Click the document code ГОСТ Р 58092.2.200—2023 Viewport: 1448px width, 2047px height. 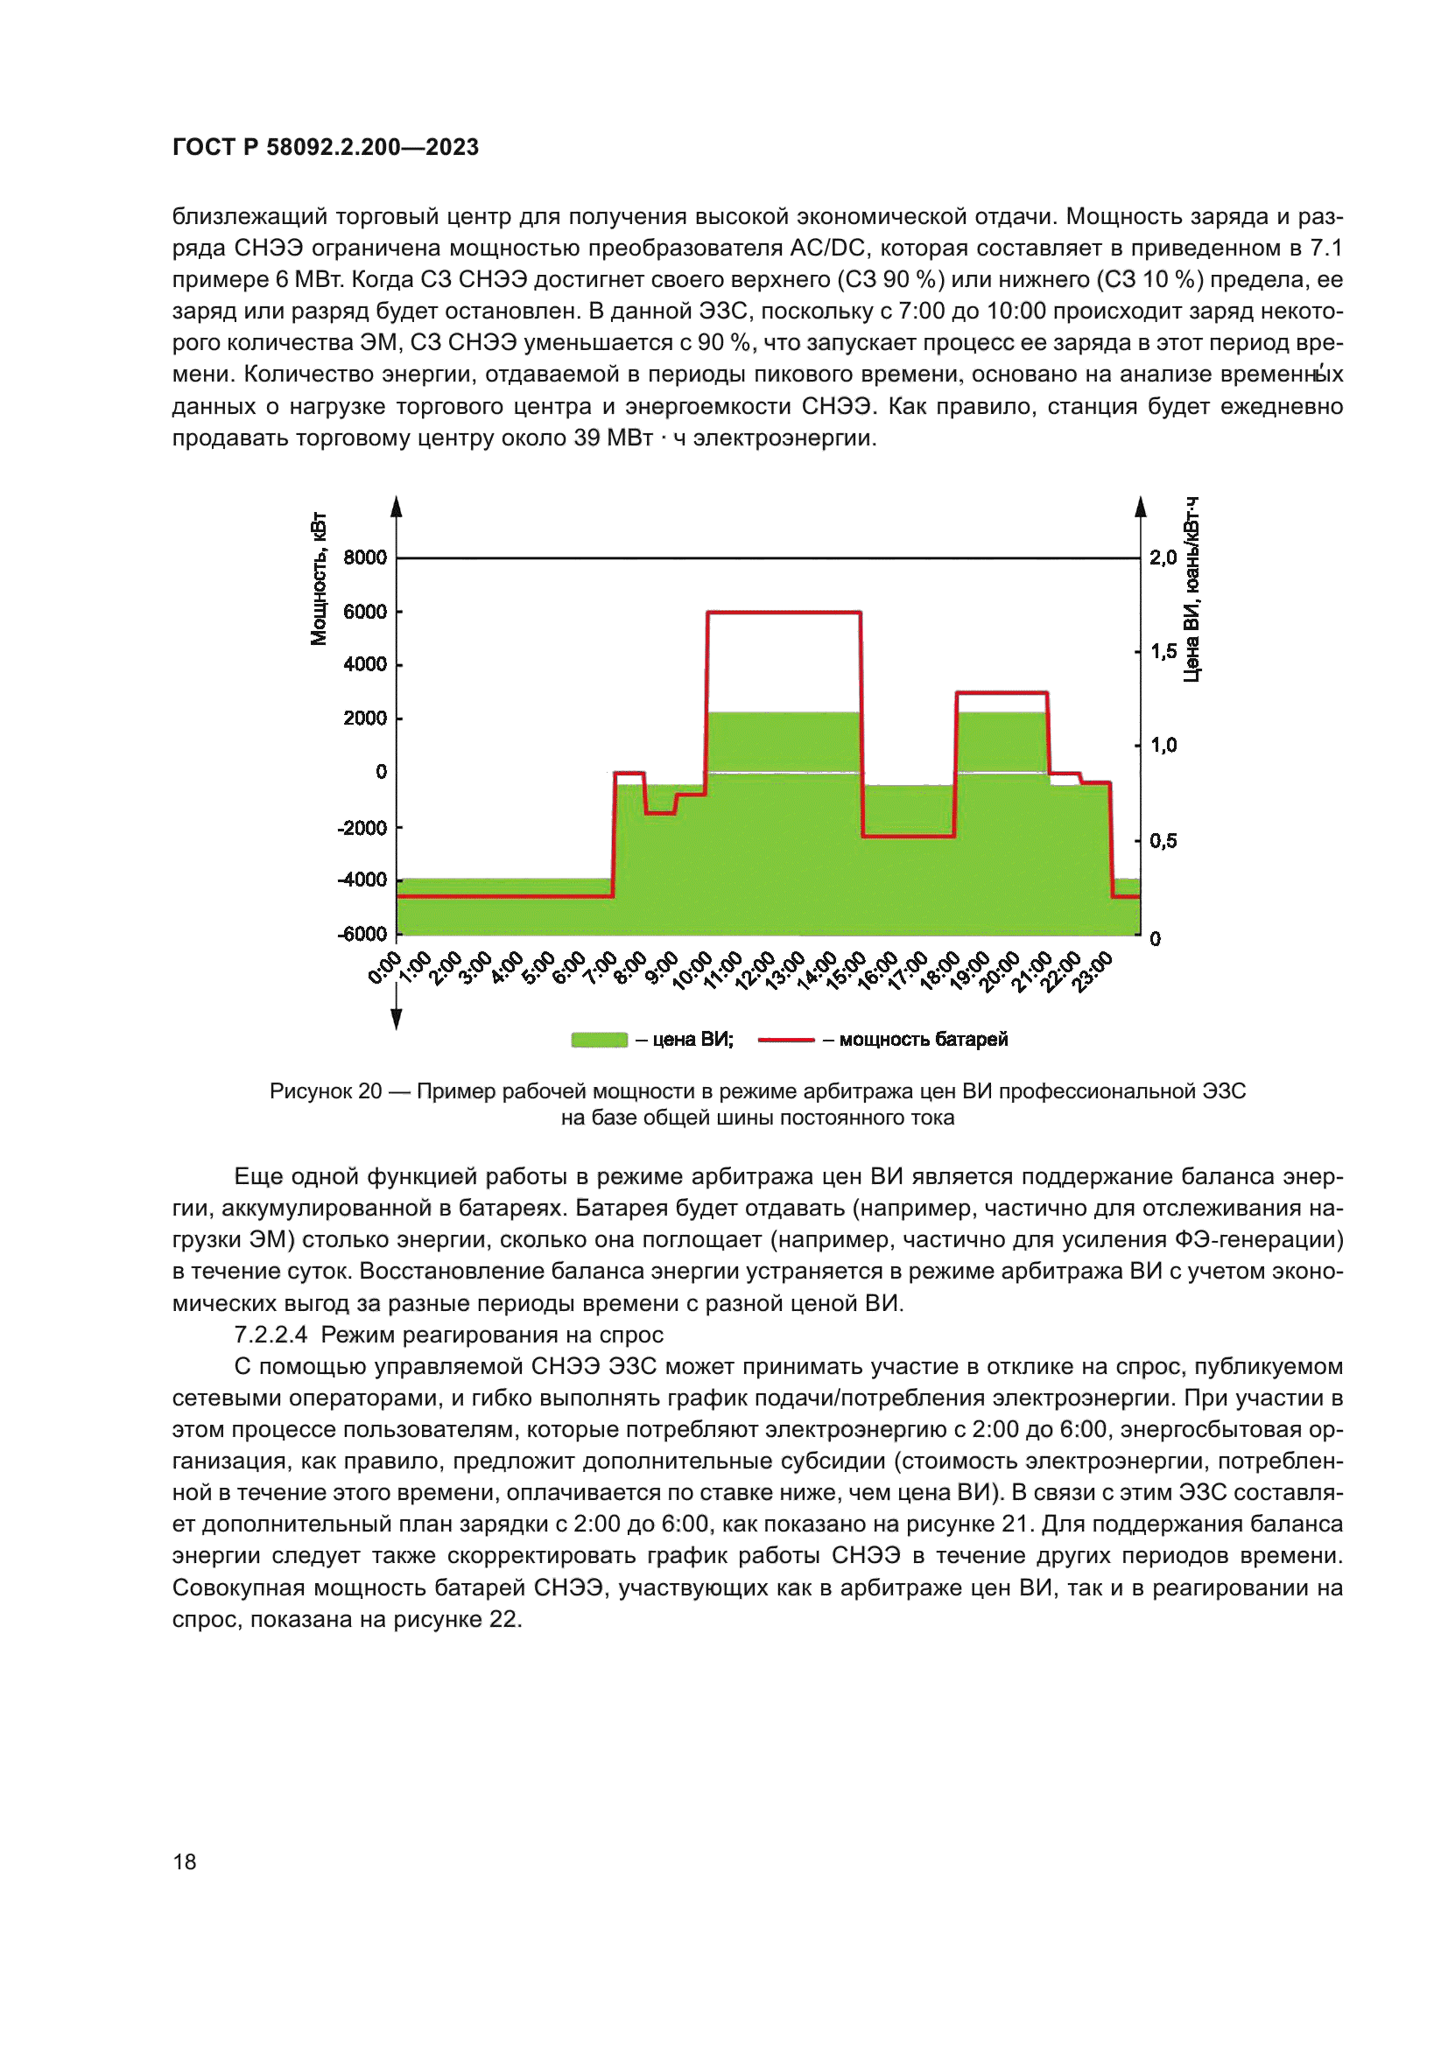coord(326,147)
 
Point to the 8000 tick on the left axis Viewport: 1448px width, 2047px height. coord(365,557)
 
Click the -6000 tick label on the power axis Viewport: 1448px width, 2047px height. coord(362,934)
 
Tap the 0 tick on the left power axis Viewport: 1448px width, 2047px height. coord(381,771)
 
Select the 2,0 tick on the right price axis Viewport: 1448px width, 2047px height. coord(1163,557)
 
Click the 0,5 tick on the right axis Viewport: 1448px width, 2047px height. coord(1163,841)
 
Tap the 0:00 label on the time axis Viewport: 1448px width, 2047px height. coord(385,967)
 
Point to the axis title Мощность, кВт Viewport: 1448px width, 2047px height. coord(319,578)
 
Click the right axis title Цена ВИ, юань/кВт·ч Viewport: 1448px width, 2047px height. coord(1191,589)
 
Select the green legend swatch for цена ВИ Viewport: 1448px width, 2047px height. coord(599,1040)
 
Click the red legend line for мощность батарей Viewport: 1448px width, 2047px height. coord(785,1040)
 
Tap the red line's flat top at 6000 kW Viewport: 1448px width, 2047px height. coord(784,613)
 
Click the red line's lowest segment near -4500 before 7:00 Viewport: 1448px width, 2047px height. coord(503,896)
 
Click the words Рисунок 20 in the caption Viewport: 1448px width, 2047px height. coord(326,1091)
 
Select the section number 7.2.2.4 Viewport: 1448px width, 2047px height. coord(271,1335)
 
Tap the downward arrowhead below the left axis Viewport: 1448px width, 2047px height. coord(397,1019)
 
